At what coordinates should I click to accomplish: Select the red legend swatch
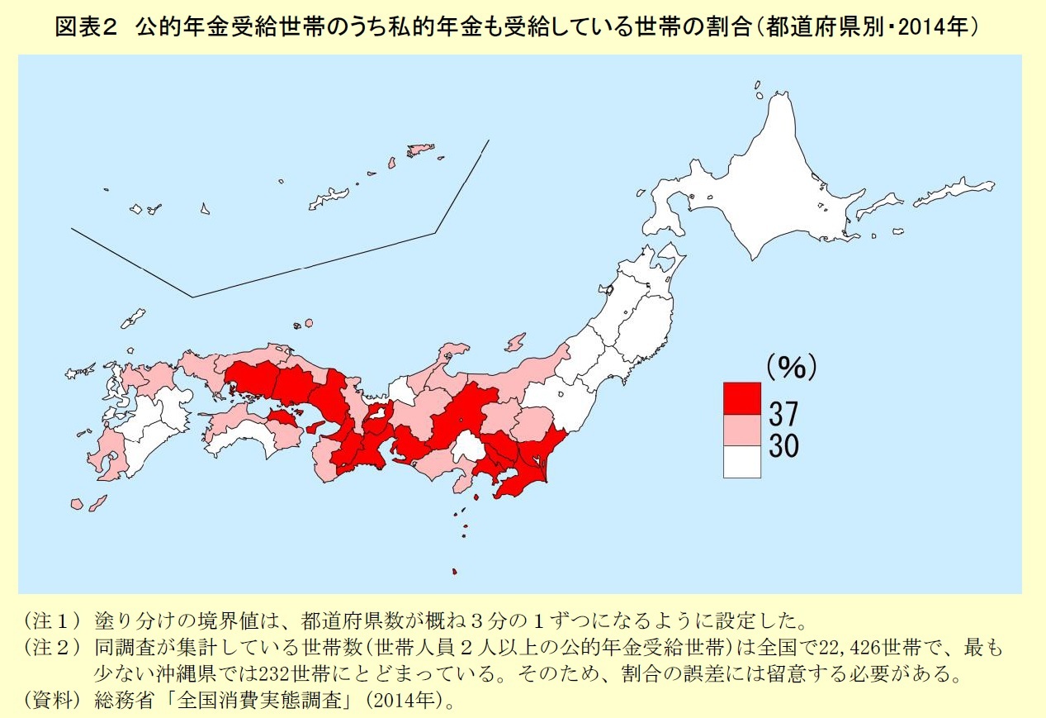point(741,398)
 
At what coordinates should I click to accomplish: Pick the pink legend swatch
point(741,430)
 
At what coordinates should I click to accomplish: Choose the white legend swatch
point(741,462)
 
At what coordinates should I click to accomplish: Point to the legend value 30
point(783,446)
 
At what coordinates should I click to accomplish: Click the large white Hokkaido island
point(768,182)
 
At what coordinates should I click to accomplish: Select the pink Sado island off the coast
point(515,341)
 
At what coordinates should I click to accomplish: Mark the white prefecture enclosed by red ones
point(468,449)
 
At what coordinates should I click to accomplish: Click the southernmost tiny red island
point(455,571)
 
